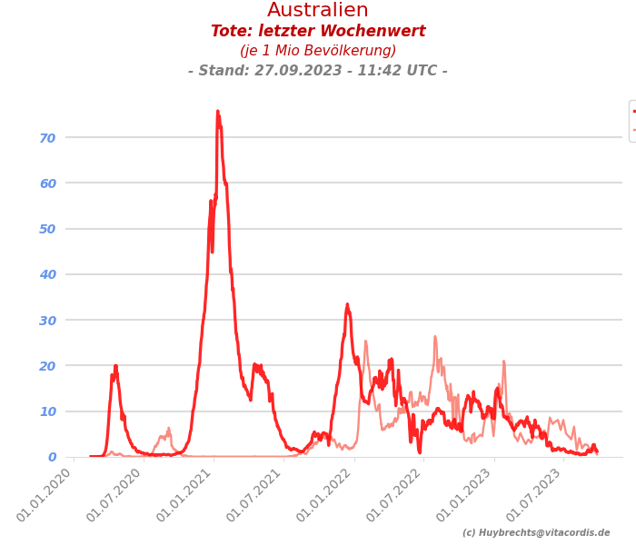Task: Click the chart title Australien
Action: point(318,11)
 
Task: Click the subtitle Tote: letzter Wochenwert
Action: point(318,32)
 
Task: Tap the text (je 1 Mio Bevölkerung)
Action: point(318,51)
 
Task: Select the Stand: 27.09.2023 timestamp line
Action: point(318,71)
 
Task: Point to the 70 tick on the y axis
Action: point(47,138)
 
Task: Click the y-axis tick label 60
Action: point(47,183)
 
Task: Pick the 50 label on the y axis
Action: point(47,229)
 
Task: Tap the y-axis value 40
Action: point(47,274)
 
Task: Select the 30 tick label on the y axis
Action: point(47,321)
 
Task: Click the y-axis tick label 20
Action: point(47,366)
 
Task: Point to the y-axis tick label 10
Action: point(47,411)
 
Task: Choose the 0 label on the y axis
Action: point(52,457)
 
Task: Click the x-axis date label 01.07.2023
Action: point(537,496)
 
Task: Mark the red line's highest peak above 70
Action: point(217,112)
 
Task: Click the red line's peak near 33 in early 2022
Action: point(347,304)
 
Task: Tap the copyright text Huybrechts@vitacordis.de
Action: point(536,533)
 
